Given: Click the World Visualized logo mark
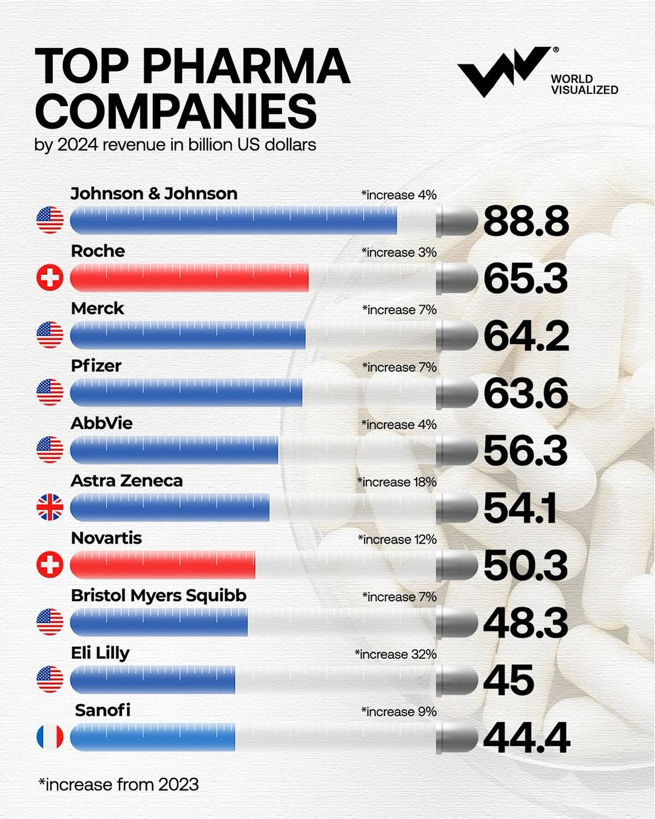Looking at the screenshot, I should pyautogui.click(x=502, y=71).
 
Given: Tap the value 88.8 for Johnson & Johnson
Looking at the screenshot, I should pyautogui.click(x=525, y=221).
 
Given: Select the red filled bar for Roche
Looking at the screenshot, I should pyautogui.click(x=189, y=278).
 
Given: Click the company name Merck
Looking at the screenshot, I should pyautogui.click(x=97, y=308).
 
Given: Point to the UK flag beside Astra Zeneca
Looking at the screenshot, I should pyautogui.click(x=50, y=507).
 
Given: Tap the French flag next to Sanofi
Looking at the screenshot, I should pyautogui.click(x=50, y=737).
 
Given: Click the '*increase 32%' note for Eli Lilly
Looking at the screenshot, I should pyautogui.click(x=395, y=654).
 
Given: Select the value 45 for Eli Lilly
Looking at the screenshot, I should pyautogui.click(x=508, y=681).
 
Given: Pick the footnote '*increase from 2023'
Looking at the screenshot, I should pyautogui.click(x=119, y=784).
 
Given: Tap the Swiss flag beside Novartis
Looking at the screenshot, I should pyautogui.click(x=50, y=565).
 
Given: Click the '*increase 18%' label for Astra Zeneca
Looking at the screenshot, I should pyautogui.click(x=397, y=482).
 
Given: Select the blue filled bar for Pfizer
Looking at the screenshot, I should pyautogui.click(x=186, y=393).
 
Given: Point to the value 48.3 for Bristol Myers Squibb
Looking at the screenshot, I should pyautogui.click(x=525, y=623).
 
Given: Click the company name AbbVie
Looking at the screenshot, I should pyautogui.click(x=101, y=423).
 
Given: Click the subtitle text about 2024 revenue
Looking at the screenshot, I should pyautogui.click(x=175, y=145).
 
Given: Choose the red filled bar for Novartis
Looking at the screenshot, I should pyautogui.click(x=163, y=565).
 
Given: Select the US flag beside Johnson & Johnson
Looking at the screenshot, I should pyautogui.click(x=50, y=220).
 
